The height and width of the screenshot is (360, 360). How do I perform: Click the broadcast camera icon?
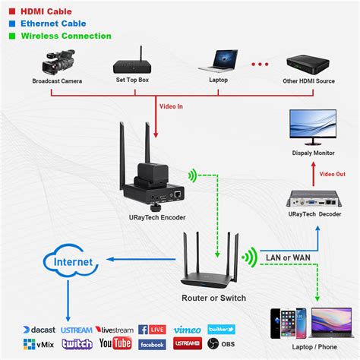coord(58,62)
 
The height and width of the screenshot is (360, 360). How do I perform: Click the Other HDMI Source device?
coord(310,63)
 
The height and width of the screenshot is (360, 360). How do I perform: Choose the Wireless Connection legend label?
coord(65,36)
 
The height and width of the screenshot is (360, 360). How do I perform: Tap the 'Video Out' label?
coord(332,175)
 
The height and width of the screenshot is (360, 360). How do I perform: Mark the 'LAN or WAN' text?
coord(287,256)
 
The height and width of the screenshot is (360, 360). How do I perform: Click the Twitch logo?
coord(77,343)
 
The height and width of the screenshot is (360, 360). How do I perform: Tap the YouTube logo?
coord(115,343)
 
